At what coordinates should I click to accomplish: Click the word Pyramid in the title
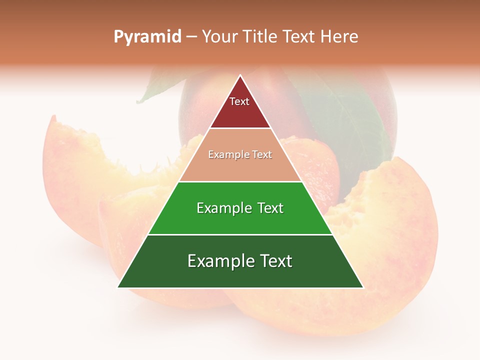click(x=147, y=37)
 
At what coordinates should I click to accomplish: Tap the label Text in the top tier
click(x=239, y=101)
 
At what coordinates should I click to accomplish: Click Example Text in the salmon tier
click(x=240, y=155)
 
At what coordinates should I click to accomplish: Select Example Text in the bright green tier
click(x=240, y=208)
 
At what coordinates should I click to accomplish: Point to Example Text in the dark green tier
click(x=240, y=261)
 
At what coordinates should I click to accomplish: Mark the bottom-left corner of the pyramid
click(x=118, y=287)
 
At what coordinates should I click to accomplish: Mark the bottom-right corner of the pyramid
click(x=363, y=287)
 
